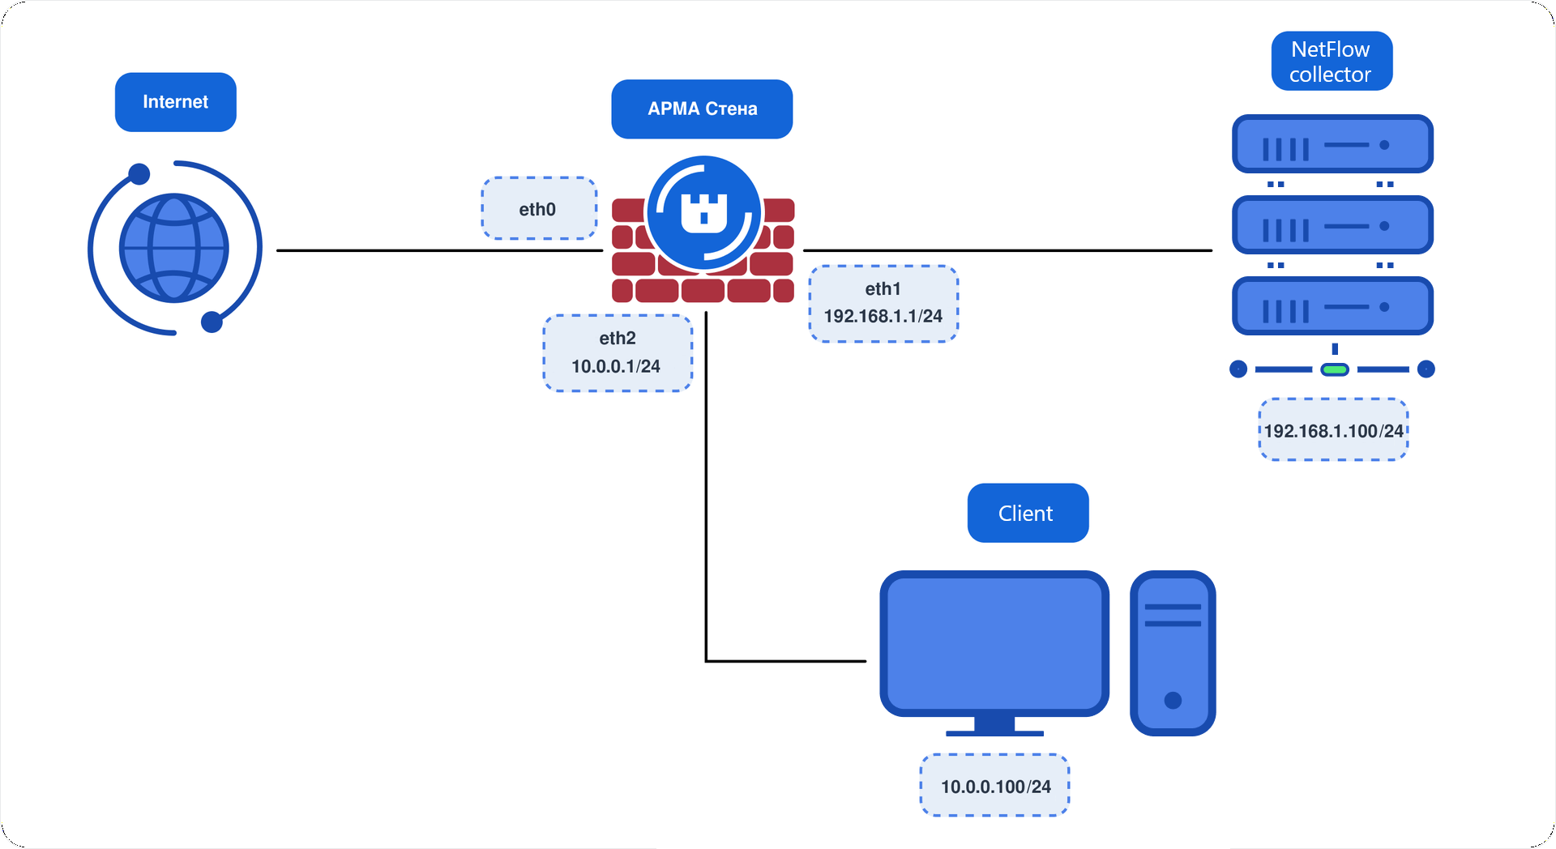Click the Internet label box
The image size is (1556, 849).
pos(176,102)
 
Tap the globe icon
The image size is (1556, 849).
pos(174,248)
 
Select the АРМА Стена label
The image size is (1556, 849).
pos(702,109)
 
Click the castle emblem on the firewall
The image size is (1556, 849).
pos(703,213)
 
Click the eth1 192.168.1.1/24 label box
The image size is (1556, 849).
pos(883,304)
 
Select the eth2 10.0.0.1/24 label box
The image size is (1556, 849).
pos(618,353)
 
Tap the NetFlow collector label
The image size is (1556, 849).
pos(1332,62)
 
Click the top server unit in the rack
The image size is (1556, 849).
pos(1332,144)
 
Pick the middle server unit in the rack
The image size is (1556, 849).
pos(1332,225)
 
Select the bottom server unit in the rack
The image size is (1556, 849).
pos(1332,306)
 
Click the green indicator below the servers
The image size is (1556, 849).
pos(1335,369)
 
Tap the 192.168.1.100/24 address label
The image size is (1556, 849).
pos(1333,430)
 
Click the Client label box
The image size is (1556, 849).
pos(1028,513)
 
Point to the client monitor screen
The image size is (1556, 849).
pos(994,643)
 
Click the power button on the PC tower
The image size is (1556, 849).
pos(1173,700)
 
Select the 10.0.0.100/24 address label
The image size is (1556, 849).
pos(995,786)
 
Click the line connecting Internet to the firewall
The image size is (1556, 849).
pos(440,250)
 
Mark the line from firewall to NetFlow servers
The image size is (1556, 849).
pos(1007,250)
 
